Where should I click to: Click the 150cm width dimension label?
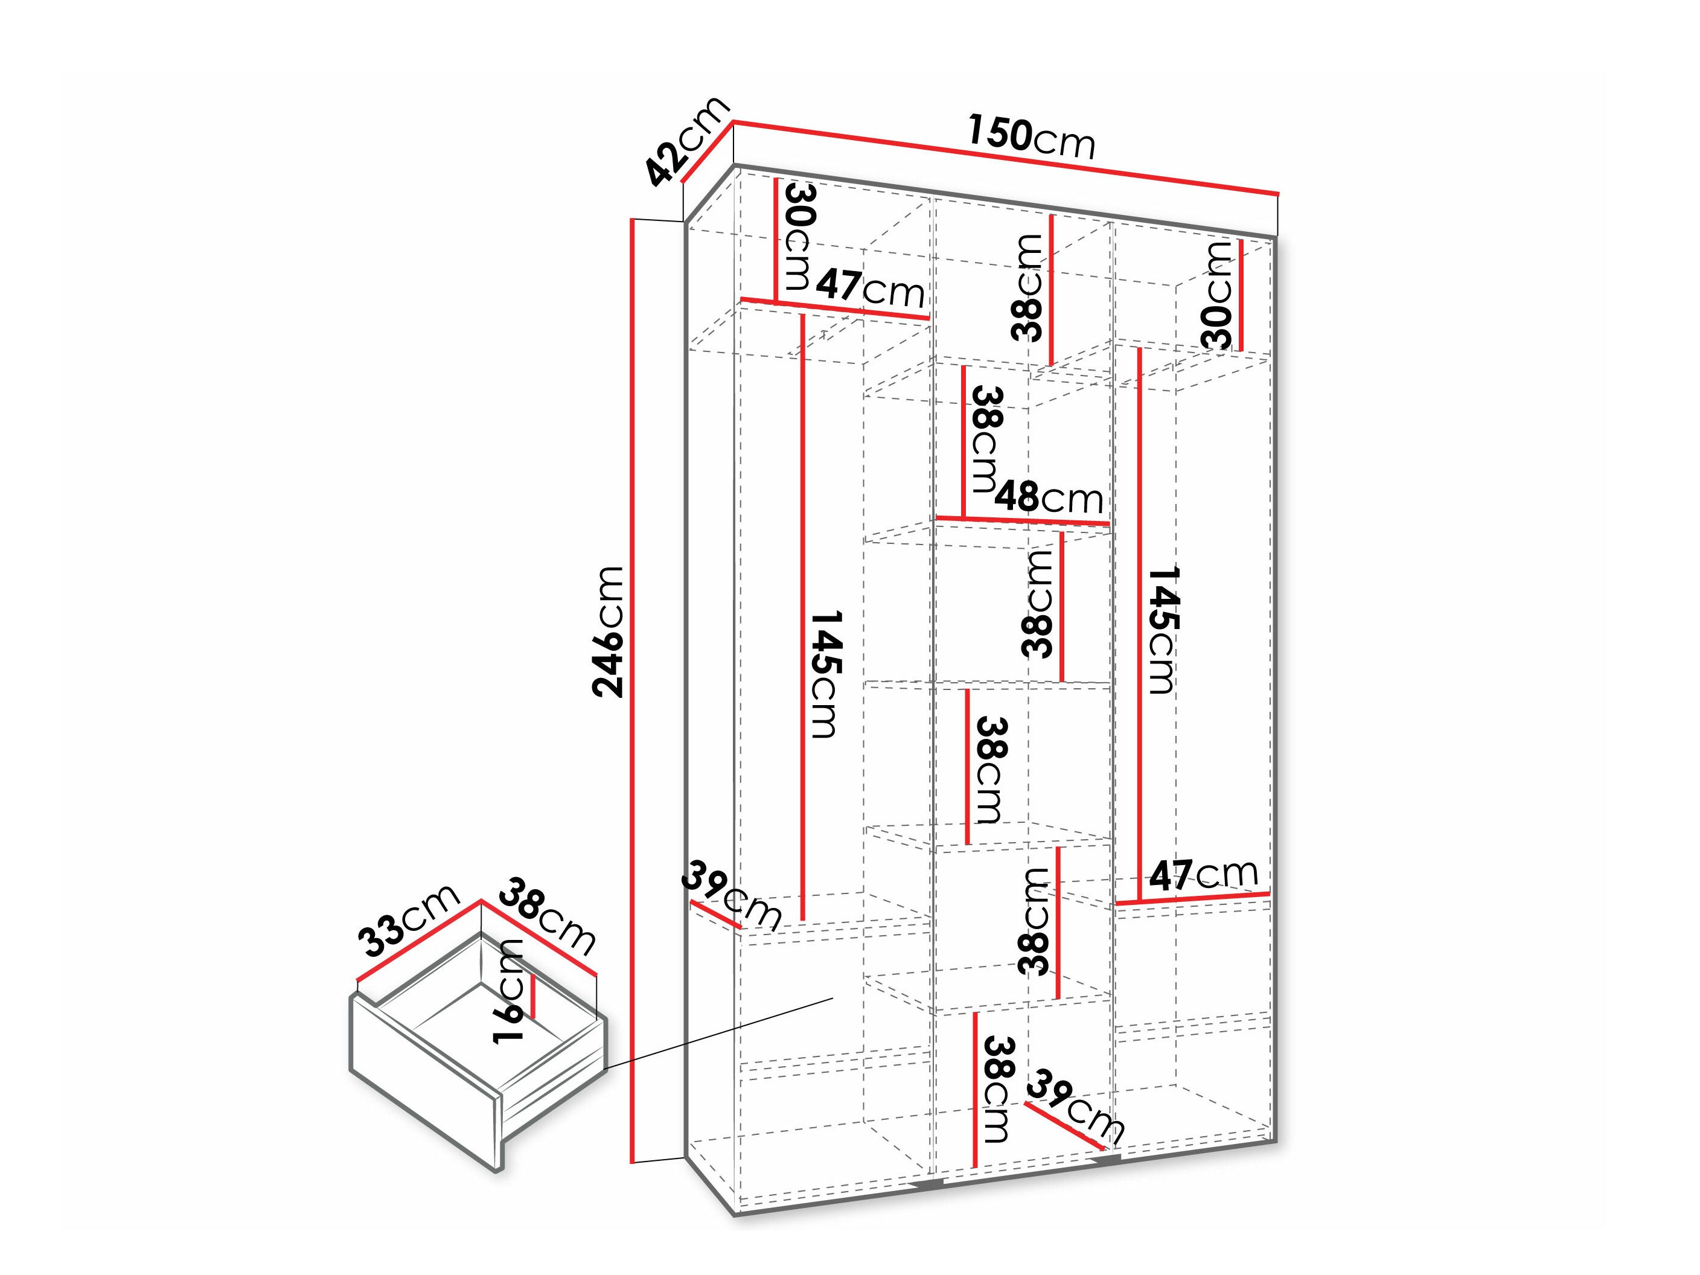(1031, 137)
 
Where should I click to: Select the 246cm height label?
(608, 631)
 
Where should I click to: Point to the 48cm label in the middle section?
(1050, 498)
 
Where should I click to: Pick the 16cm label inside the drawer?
(508, 991)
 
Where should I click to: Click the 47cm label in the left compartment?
(870, 287)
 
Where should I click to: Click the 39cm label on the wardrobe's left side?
(731, 896)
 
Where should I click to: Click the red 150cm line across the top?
(1005, 158)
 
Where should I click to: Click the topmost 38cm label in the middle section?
(1027, 287)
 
